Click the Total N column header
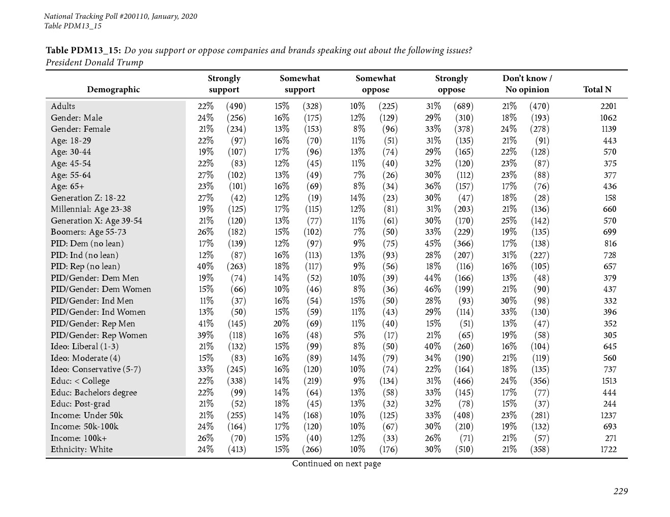coord(597,90)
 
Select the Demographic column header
coord(113,90)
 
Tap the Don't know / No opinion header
coord(527,84)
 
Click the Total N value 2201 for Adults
coord(608,106)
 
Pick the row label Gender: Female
coord(80,129)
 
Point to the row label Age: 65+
coord(68,187)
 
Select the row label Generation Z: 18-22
coord(88,198)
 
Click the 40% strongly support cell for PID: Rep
coord(205,267)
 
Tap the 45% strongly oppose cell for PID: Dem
coord(432,244)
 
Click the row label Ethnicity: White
coord(82,450)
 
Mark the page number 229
coord(620,491)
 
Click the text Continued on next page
coord(336,464)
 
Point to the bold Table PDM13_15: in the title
coord(83,51)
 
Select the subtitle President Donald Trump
coord(94,63)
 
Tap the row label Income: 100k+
coord(79,438)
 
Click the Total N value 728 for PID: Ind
coord(610,255)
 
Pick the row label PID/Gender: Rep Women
coord(99,336)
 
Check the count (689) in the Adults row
coord(463,106)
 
